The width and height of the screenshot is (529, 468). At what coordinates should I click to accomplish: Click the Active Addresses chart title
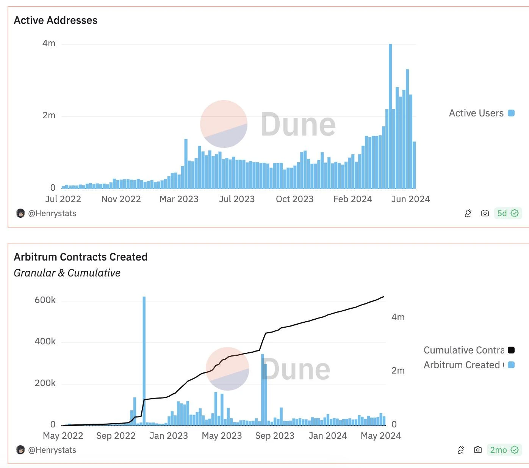(x=56, y=20)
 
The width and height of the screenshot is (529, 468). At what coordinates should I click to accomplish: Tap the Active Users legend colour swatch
(x=511, y=113)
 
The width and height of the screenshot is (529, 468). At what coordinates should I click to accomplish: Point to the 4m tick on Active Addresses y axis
(x=49, y=44)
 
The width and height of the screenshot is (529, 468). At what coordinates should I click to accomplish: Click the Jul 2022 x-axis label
(x=63, y=199)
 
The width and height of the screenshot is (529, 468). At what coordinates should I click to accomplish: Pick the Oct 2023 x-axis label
(x=294, y=199)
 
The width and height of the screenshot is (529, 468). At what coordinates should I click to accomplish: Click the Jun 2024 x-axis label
(x=410, y=199)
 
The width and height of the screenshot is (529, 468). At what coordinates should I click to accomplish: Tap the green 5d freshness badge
(x=508, y=213)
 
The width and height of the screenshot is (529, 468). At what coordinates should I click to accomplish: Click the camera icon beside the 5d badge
(x=485, y=213)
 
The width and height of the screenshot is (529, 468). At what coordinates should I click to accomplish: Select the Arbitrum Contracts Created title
(x=81, y=257)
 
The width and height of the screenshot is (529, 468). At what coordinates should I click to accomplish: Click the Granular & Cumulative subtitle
(x=67, y=273)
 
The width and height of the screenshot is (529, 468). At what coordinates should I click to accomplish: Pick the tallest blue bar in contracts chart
(x=144, y=360)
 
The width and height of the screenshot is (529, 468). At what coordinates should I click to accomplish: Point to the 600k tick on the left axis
(x=45, y=300)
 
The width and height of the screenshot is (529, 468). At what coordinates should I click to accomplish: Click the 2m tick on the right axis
(x=398, y=371)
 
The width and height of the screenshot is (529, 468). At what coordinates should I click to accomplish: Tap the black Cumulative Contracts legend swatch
(x=511, y=350)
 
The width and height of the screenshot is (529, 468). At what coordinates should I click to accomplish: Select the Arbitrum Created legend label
(x=462, y=365)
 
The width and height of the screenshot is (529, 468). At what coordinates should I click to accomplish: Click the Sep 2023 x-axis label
(x=275, y=436)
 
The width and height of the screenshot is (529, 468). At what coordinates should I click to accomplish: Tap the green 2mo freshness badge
(x=504, y=450)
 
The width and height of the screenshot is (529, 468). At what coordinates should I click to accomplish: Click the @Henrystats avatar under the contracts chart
(x=20, y=450)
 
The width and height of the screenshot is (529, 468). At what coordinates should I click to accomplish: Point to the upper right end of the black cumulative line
(x=383, y=297)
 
